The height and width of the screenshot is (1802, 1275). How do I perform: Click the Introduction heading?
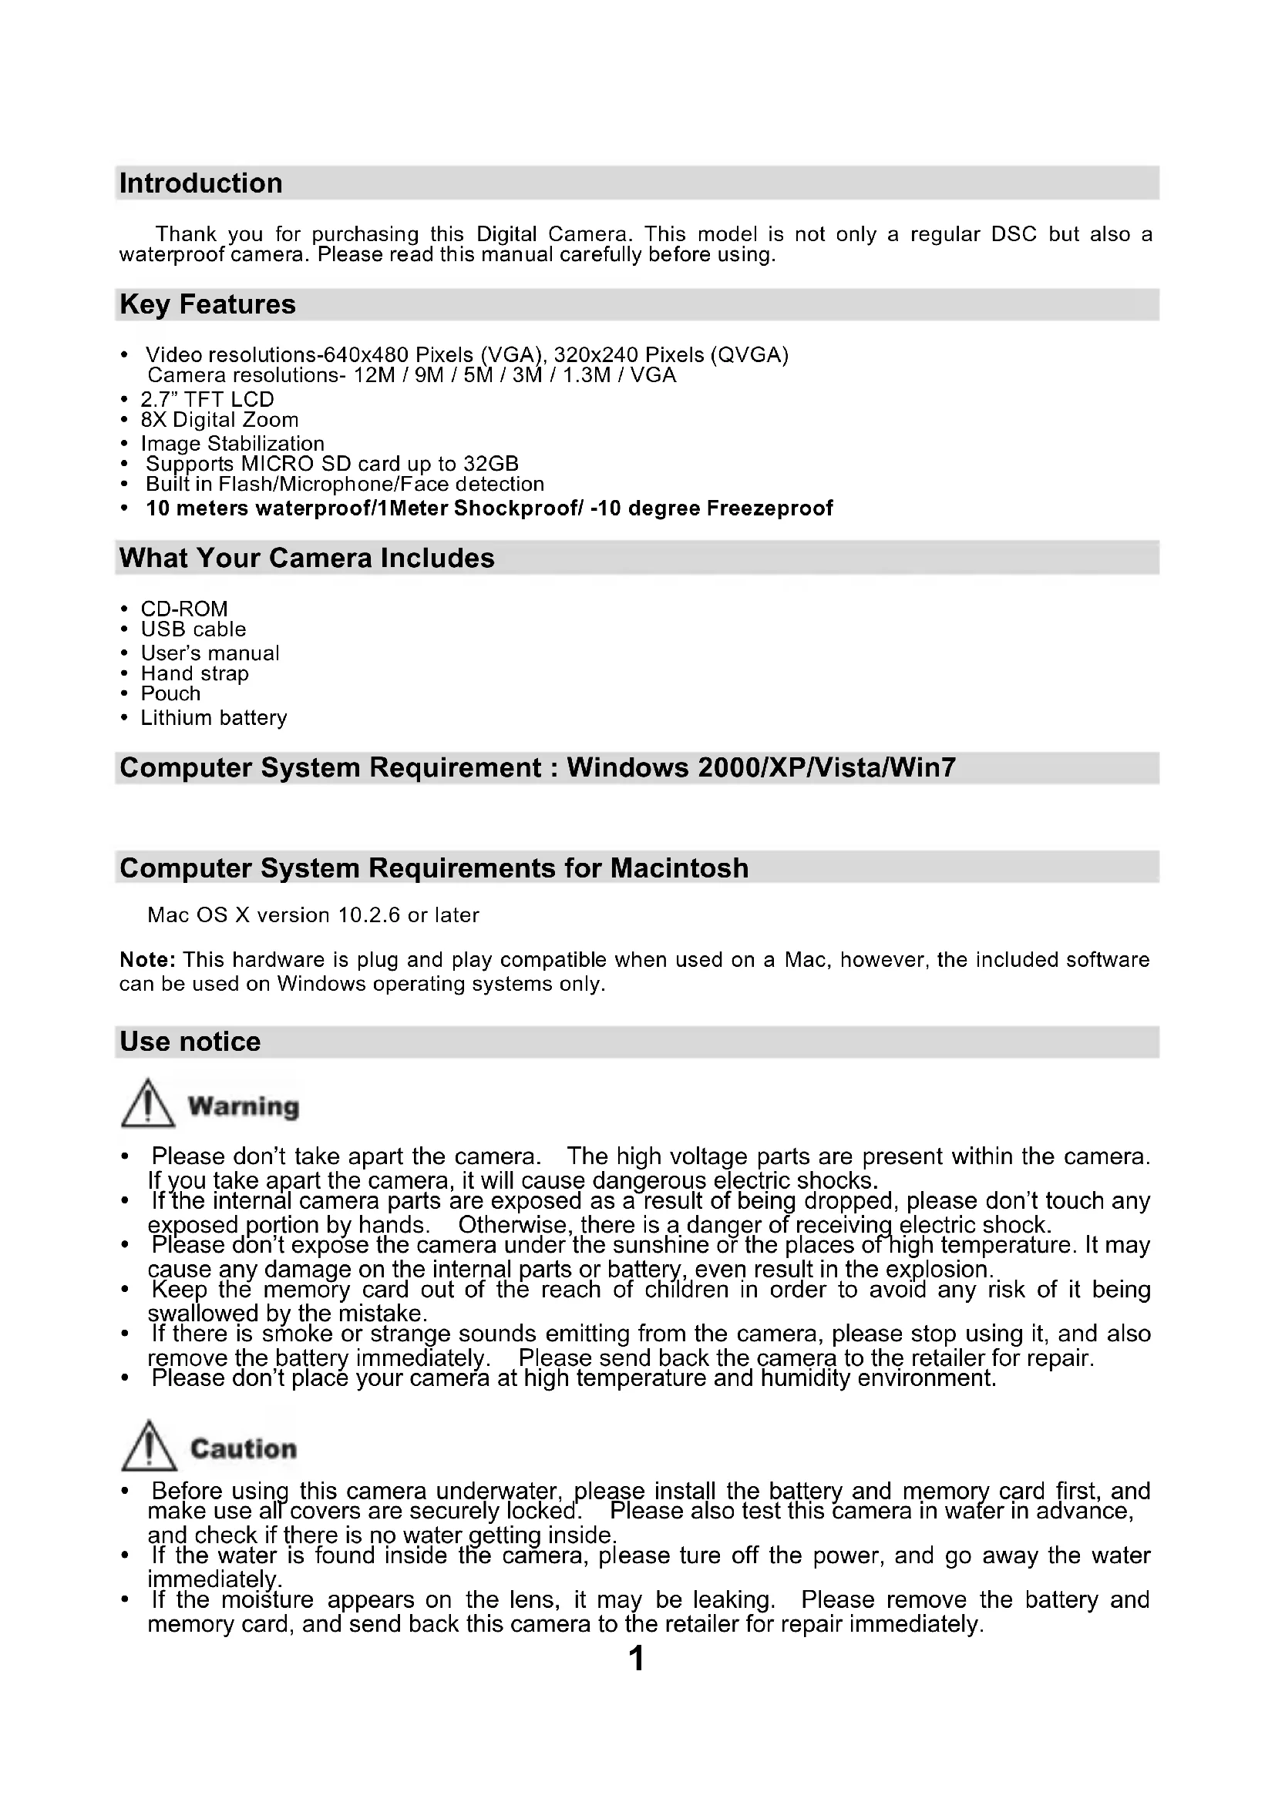tap(201, 183)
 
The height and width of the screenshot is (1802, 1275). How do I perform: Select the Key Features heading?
tap(207, 304)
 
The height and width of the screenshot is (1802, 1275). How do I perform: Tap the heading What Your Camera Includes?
tap(307, 558)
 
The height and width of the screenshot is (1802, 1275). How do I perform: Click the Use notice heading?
tap(190, 1042)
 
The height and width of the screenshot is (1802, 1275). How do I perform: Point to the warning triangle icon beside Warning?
tap(147, 1104)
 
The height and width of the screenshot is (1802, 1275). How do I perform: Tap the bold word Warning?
tap(244, 1106)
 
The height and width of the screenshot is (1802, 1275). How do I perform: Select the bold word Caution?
tap(244, 1449)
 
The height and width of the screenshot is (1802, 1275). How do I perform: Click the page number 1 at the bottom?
tap(637, 1659)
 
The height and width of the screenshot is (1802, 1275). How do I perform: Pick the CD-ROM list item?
tap(184, 609)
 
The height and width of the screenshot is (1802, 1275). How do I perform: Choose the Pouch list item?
tap(170, 694)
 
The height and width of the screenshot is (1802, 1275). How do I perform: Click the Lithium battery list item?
tap(214, 718)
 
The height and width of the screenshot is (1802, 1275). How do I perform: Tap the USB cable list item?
tap(193, 629)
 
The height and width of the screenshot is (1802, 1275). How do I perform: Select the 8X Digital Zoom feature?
tap(220, 420)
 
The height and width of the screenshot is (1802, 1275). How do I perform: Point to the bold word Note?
tap(147, 960)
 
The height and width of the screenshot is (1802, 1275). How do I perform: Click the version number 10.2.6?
tap(369, 915)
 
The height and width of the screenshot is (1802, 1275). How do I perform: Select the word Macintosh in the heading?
tap(679, 868)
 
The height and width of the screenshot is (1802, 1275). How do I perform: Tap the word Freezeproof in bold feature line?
tap(769, 508)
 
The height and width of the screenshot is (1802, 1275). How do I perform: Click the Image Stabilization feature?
tap(232, 444)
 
